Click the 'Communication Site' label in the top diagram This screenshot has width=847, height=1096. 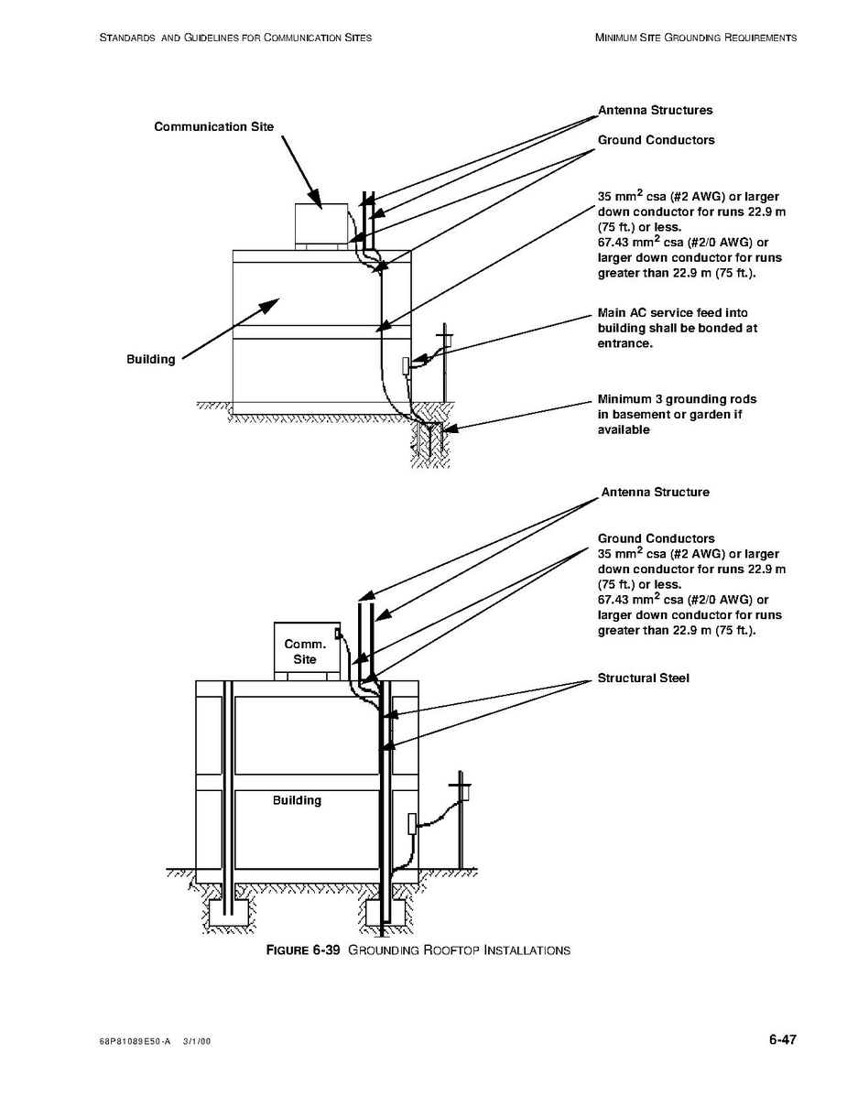point(213,126)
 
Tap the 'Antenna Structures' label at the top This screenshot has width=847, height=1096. point(655,110)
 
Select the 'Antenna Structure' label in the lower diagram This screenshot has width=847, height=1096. point(655,492)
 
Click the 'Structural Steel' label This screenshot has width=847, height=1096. point(643,678)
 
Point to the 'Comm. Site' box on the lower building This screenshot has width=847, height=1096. point(305,651)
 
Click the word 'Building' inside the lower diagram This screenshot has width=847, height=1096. point(297,800)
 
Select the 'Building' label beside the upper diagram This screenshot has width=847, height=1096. point(150,359)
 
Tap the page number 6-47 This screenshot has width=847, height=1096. point(783,1039)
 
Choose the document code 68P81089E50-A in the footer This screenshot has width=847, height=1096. point(134,1042)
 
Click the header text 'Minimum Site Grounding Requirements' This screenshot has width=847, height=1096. point(695,38)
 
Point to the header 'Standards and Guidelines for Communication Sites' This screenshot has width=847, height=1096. point(234,38)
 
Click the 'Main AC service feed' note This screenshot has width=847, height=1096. point(677,328)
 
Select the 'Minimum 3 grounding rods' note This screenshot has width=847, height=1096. point(677,414)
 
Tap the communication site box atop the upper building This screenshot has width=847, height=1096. point(320,222)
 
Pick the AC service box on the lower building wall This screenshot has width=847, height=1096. point(411,822)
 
